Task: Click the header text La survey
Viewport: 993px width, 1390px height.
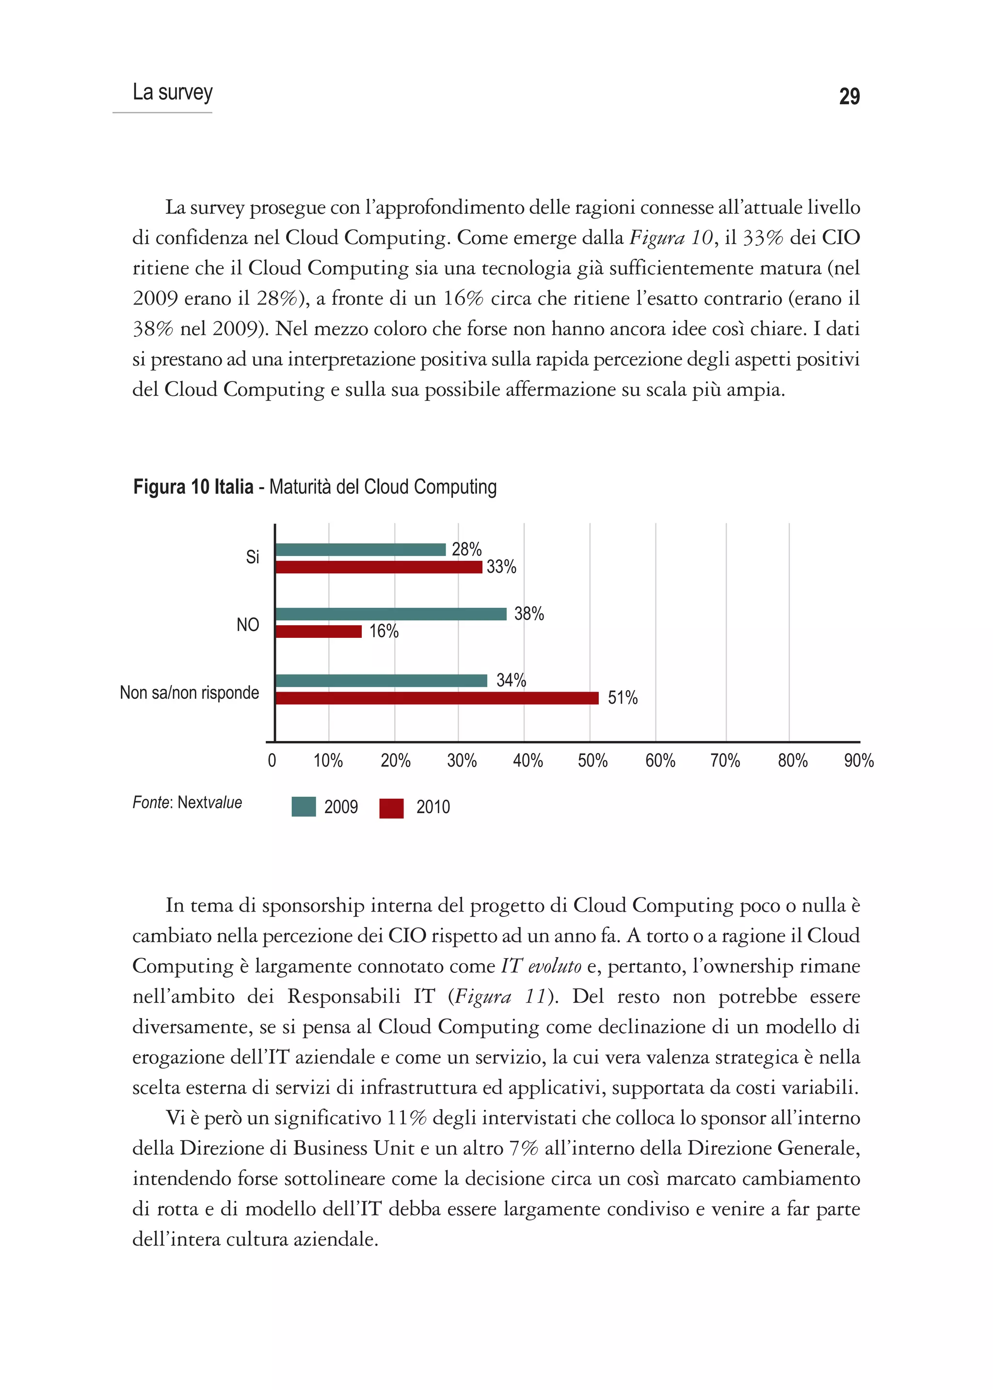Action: click(173, 92)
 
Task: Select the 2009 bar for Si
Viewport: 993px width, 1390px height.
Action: click(361, 550)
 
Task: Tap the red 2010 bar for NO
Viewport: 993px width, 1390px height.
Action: click(319, 632)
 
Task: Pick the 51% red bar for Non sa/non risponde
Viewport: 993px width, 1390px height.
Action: click(436, 698)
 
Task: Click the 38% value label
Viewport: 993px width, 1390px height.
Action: click(529, 614)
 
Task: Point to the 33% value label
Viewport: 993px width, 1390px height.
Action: click(501, 567)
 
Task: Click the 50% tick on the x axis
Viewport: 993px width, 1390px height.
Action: click(592, 761)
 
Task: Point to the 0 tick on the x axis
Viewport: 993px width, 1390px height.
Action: click(272, 761)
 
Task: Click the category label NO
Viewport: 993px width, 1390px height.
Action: click(248, 625)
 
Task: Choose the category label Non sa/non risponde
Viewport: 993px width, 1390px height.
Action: click(190, 693)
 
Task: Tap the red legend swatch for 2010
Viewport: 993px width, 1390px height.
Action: click(391, 808)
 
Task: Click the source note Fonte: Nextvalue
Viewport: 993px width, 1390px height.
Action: click(187, 803)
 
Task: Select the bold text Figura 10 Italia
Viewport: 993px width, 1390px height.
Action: click(193, 487)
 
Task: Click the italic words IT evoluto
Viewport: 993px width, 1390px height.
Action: click(541, 966)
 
